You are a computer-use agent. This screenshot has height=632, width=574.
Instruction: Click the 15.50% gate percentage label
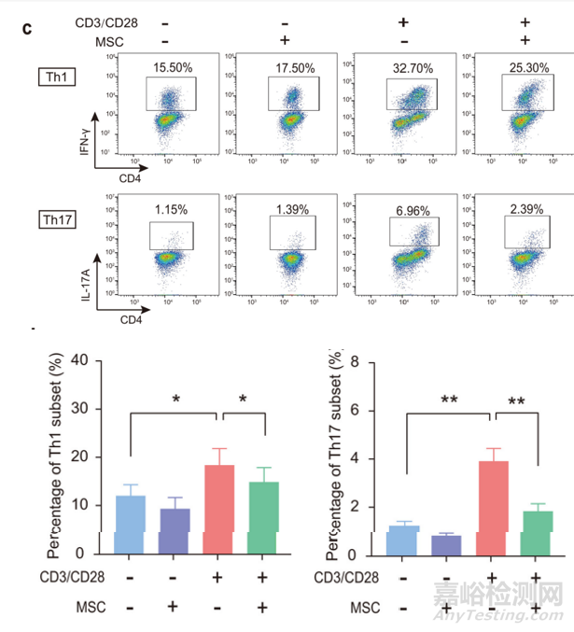click(172, 68)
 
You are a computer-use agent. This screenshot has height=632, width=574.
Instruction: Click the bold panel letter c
click(27, 28)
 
